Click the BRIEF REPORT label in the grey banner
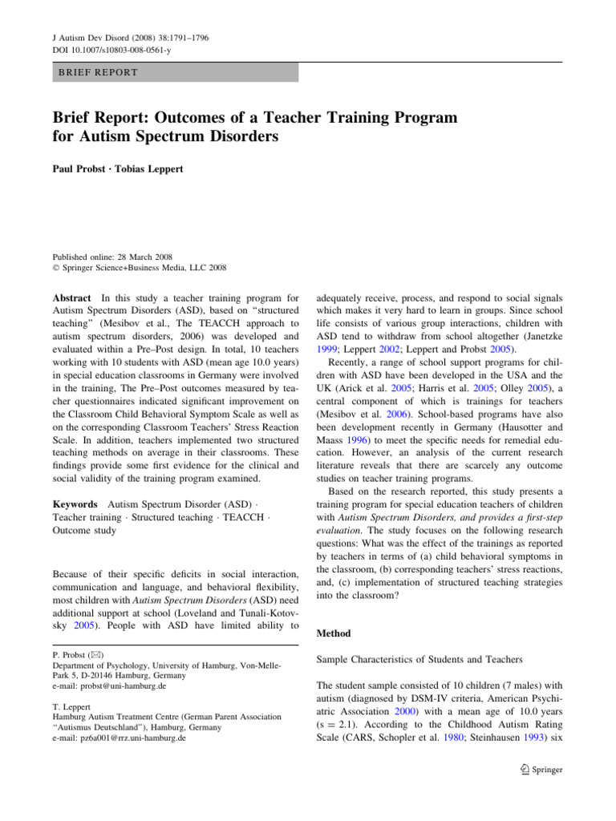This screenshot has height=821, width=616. [x=97, y=73]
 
